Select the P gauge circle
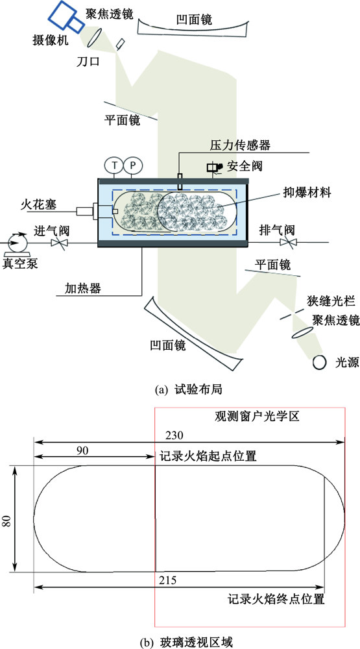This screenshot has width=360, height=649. pyautogui.click(x=132, y=165)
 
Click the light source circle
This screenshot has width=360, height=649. pyautogui.click(x=320, y=363)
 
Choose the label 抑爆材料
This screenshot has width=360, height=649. pyautogui.click(x=307, y=193)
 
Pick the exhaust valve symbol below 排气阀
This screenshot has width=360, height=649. pyautogui.click(x=287, y=242)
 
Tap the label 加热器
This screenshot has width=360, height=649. pyautogui.click(x=83, y=288)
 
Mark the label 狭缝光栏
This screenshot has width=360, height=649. pyautogui.click(x=331, y=300)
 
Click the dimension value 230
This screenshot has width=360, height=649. pyautogui.click(x=174, y=435)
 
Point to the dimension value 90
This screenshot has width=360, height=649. pyautogui.click(x=83, y=450)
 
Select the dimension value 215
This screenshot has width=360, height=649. pyautogui.click(x=168, y=580)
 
